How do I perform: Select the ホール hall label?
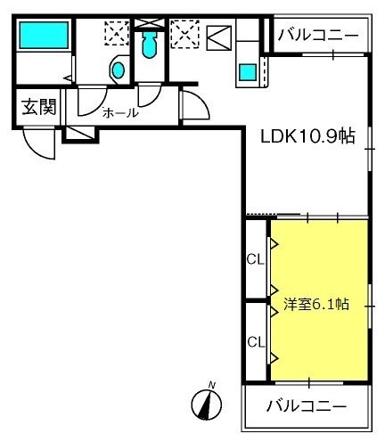tap(119, 113)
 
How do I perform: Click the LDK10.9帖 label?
tap(307, 136)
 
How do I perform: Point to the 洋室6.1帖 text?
tap(315, 304)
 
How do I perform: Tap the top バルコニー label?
tap(319, 36)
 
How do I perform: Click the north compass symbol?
tap(209, 406)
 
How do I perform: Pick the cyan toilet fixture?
tap(149, 45)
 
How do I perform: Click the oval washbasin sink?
tap(115, 70)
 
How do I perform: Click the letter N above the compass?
tap(212, 385)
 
